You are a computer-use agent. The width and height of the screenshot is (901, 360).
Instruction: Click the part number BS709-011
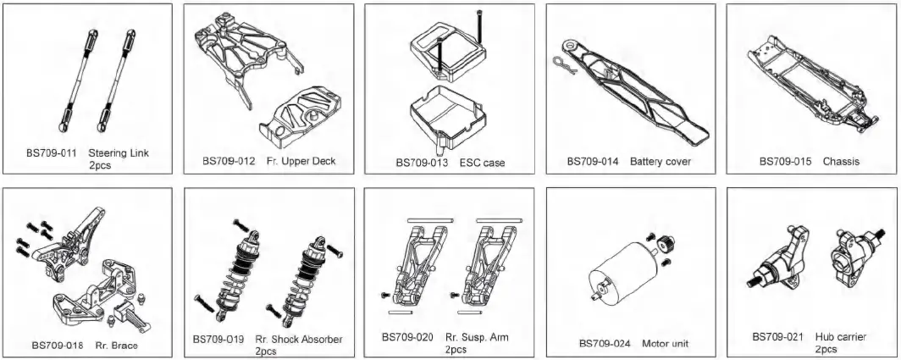[52, 153]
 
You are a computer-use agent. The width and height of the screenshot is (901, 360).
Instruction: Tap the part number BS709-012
[229, 160]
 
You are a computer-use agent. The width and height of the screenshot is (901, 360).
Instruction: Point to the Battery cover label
[661, 161]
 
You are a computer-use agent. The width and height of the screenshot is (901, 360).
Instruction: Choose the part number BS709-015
[785, 161]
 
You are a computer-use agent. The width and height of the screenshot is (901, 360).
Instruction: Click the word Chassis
[841, 161]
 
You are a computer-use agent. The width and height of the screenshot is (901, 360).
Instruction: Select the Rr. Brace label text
[118, 345]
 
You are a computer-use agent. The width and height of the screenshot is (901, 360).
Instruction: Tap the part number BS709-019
[218, 339]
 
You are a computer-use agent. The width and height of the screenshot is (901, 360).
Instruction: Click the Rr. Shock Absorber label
[299, 339]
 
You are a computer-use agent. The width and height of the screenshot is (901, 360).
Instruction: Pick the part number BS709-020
[406, 337]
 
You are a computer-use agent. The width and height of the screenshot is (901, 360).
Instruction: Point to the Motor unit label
[665, 343]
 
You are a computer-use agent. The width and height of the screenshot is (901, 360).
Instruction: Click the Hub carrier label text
[840, 336]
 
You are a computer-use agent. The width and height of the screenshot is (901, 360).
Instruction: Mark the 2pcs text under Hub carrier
[826, 348]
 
